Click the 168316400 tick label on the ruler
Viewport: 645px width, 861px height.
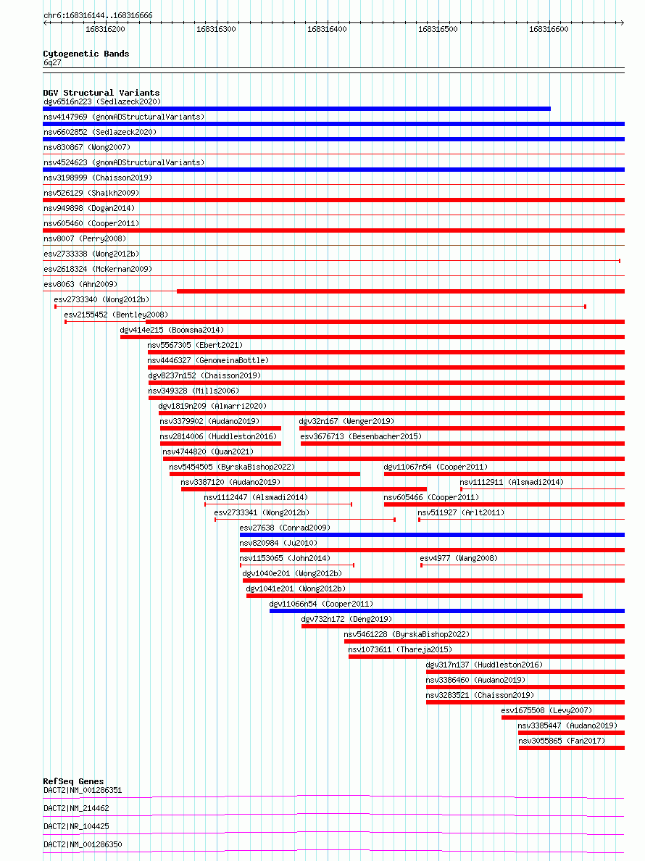(327, 30)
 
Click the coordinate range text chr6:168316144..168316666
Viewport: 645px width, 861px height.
(98, 15)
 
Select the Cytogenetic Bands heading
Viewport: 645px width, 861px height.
(86, 54)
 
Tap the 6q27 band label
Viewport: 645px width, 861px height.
(53, 62)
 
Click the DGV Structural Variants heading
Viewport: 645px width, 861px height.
(101, 93)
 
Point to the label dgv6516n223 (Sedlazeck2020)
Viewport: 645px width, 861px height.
(101, 102)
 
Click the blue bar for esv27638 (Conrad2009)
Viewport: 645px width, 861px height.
(431, 535)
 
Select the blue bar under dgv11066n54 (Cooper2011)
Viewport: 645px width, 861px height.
(446, 611)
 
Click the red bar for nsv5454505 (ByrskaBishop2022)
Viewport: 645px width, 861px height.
(265, 474)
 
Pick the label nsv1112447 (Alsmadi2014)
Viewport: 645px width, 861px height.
(256, 498)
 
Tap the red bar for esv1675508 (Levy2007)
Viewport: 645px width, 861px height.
(562, 717)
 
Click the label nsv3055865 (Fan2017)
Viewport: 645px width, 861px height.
(561, 741)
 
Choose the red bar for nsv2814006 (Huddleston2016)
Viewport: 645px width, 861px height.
(220, 444)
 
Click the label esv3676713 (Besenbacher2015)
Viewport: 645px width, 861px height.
(361, 437)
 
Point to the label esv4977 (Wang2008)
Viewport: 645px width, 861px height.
(459, 559)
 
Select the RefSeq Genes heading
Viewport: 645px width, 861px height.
(73, 781)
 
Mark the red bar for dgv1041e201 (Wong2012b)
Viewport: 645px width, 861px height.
(414, 596)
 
